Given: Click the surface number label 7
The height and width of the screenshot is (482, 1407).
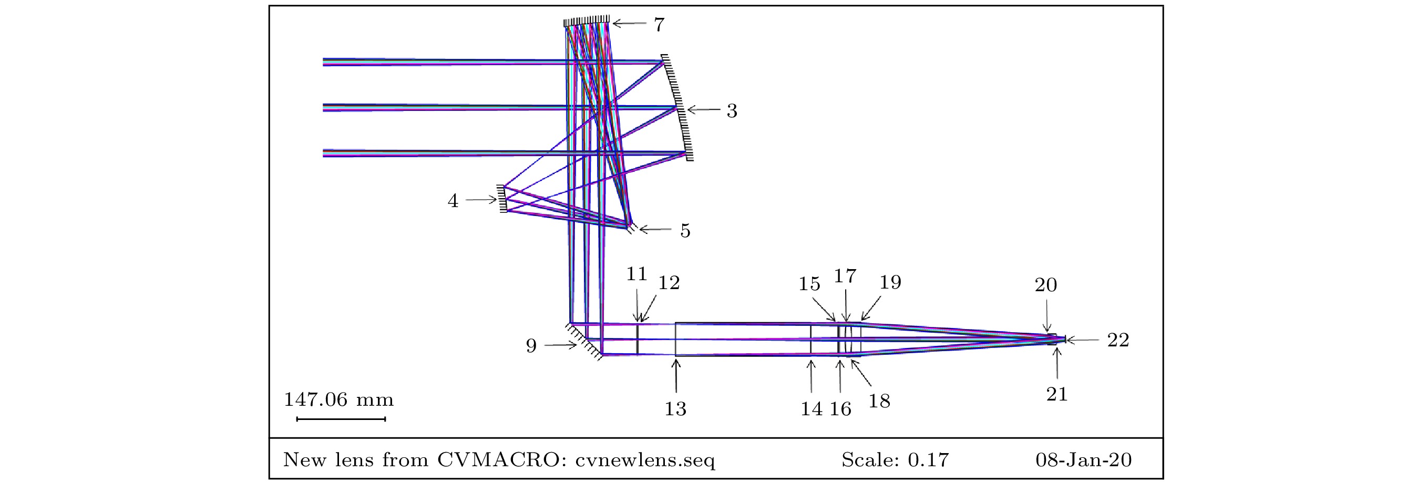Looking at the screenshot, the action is (x=659, y=25).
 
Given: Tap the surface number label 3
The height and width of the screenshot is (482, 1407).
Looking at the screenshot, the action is (x=732, y=111).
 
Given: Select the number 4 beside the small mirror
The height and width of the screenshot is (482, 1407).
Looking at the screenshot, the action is (x=453, y=201).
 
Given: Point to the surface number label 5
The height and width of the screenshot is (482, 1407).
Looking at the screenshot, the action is (x=685, y=231).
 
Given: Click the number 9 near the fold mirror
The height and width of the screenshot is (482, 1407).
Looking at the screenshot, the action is (x=531, y=345).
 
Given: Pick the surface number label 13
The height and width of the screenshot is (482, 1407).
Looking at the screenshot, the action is (x=675, y=408).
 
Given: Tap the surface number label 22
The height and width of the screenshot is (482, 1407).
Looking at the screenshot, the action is (x=1118, y=340).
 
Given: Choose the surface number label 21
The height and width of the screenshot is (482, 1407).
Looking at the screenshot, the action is (x=1057, y=394).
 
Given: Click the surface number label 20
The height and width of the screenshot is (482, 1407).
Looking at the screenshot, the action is (x=1046, y=285).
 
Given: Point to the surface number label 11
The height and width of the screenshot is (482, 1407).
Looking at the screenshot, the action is (x=636, y=274).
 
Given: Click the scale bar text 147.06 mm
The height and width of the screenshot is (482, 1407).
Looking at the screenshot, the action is (x=338, y=399).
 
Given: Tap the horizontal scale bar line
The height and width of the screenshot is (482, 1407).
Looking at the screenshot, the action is (x=341, y=419).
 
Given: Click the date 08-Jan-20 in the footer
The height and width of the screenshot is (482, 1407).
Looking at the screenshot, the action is (x=1084, y=459).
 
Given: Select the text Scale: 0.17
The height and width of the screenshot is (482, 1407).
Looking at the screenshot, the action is (x=895, y=459).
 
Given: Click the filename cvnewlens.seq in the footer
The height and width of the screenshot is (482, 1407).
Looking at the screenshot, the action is (x=645, y=460).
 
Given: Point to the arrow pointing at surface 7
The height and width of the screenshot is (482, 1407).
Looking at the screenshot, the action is (x=629, y=24).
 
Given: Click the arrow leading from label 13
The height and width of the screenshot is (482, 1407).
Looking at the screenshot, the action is (x=676, y=376).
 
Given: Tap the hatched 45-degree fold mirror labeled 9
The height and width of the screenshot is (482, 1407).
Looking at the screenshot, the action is (x=583, y=341).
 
